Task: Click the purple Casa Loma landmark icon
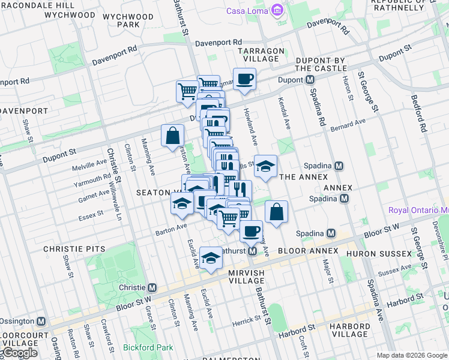[x=277, y=11]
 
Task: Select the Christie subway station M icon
[x=152, y=287]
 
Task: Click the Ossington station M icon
[x=41, y=322]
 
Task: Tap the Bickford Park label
[x=148, y=347]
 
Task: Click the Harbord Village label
[x=349, y=329]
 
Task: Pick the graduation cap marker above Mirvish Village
[x=211, y=258]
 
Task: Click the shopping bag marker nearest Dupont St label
[x=172, y=135]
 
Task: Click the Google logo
[x=20, y=353]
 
